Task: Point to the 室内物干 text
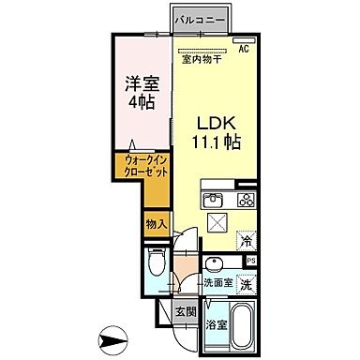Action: pos(201,60)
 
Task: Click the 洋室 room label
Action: pos(143,82)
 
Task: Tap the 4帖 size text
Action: pos(143,103)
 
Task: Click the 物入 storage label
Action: pos(157,223)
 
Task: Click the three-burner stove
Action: pos(246,199)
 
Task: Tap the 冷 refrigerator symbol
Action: pos(245,239)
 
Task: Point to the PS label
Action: pos(250,261)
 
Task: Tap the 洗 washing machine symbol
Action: pos(246,283)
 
